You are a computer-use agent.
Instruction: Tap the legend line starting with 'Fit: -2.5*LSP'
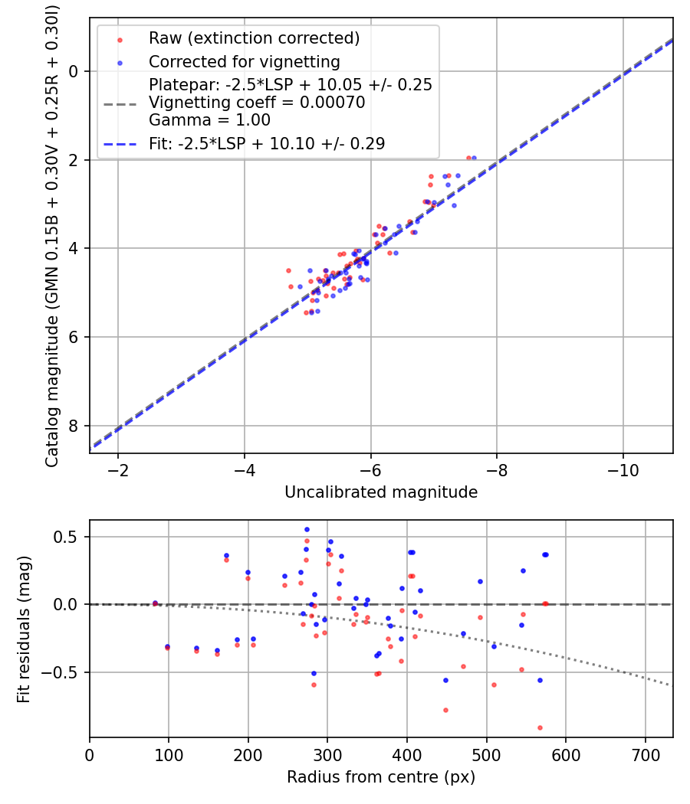click(267, 143)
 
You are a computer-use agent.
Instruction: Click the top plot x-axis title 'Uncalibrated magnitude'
click(381, 492)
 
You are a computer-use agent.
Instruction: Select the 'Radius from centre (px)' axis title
click(381, 777)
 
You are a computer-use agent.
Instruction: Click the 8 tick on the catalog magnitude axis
click(75, 426)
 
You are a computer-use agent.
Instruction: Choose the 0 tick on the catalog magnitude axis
click(75, 71)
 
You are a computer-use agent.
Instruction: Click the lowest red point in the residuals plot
click(540, 727)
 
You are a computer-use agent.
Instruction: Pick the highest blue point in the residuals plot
click(307, 529)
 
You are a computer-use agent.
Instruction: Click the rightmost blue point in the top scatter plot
click(474, 158)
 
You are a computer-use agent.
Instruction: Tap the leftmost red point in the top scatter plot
click(288, 270)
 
